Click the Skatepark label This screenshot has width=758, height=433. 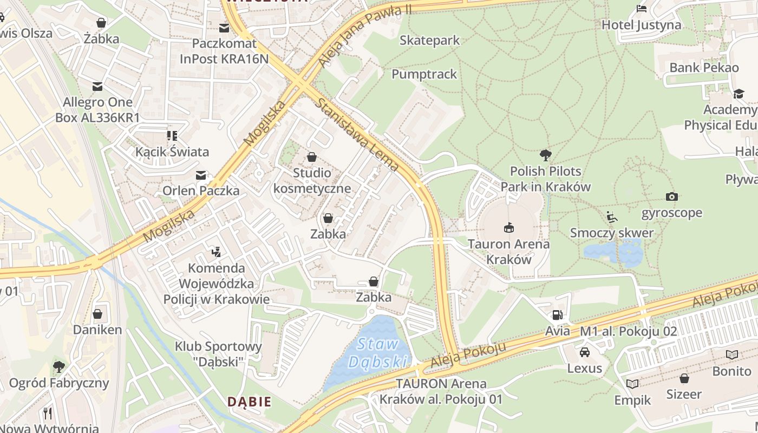(x=429, y=41)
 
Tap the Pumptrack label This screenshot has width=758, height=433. (x=424, y=74)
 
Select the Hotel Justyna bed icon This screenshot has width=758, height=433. (x=642, y=8)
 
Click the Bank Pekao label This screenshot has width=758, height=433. (x=704, y=68)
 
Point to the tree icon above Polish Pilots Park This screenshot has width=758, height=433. (x=545, y=155)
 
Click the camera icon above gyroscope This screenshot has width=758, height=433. (x=671, y=196)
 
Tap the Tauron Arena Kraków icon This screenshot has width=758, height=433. (x=508, y=227)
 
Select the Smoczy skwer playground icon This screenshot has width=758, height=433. (x=611, y=217)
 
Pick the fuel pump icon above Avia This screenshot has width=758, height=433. (x=557, y=314)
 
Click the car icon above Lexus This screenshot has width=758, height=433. (x=584, y=352)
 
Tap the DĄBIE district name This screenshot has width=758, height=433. (x=249, y=402)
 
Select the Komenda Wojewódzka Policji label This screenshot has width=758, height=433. (x=216, y=284)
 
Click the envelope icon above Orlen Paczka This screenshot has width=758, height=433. (x=201, y=175)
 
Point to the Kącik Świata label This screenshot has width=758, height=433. (x=172, y=152)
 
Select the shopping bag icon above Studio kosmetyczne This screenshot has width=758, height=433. (x=311, y=157)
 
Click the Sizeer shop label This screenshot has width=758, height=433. (x=684, y=394)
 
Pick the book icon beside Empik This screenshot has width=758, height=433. (x=632, y=384)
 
